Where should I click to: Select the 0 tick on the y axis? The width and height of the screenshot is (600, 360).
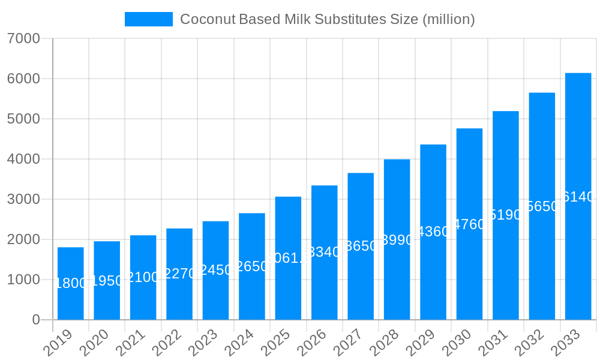pyautogui.click(x=36, y=320)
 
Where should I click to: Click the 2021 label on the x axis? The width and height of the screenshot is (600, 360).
pyautogui.click(x=131, y=343)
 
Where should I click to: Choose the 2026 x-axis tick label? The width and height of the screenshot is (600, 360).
pyautogui.click(x=312, y=343)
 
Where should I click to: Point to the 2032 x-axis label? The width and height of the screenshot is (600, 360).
pyautogui.click(x=530, y=343)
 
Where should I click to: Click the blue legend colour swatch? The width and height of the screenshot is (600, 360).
pyautogui.click(x=148, y=19)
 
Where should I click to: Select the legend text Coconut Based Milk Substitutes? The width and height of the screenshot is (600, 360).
pyautogui.click(x=327, y=19)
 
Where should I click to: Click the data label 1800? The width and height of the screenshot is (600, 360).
pyautogui.click(x=71, y=283)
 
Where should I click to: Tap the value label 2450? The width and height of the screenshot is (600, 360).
pyautogui.click(x=215, y=270)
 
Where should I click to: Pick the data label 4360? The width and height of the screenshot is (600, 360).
pyautogui.click(x=433, y=232)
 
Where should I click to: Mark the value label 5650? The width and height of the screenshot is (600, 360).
pyautogui.click(x=542, y=206)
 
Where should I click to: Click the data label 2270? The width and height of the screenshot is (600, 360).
pyautogui.click(x=179, y=274)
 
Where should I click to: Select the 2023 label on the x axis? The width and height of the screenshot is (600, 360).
pyautogui.click(x=203, y=343)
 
